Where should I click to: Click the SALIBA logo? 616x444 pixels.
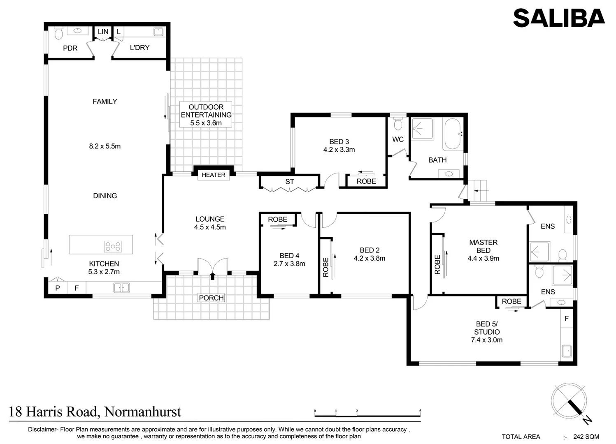(558, 18)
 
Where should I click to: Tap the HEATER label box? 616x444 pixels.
(213, 175)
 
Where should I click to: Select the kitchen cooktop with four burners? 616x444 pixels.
(113, 246)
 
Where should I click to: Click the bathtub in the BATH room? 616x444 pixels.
(453, 134)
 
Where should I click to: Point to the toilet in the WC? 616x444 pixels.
(397, 124)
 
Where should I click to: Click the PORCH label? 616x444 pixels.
(211, 298)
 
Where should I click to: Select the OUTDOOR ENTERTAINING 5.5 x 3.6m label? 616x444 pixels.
(206, 115)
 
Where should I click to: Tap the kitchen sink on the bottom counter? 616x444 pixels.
(121, 287)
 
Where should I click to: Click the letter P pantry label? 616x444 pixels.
(58, 288)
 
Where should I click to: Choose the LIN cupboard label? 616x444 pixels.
(103, 32)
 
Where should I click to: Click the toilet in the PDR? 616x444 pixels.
(58, 33)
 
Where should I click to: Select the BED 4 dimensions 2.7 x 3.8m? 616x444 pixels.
(289, 264)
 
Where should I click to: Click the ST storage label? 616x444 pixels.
(290, 182)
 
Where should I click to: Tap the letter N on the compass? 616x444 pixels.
(587, 420)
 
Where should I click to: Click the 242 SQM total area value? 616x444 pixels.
(586, 437)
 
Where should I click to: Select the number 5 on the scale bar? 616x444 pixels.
(420, 411)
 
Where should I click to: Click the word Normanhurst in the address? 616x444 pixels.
(143, 412)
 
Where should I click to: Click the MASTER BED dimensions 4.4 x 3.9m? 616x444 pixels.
(483, 259)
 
